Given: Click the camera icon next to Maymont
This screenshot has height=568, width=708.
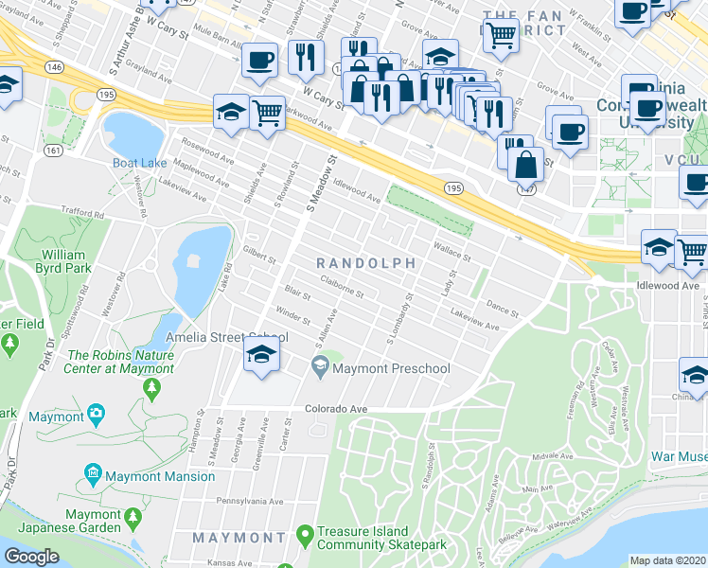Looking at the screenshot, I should (96, 414).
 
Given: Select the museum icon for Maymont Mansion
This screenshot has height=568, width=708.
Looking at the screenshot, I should (93, 472).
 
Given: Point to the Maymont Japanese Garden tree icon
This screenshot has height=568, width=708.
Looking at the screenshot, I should (133, 518).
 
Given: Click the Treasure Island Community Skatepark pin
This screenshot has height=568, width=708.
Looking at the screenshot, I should (304, 537).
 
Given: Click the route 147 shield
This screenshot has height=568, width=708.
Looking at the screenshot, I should (526, 189).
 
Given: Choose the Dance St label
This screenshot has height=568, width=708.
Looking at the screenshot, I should (502, 310).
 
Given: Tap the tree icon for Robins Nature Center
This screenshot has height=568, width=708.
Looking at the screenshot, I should (151, 386).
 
